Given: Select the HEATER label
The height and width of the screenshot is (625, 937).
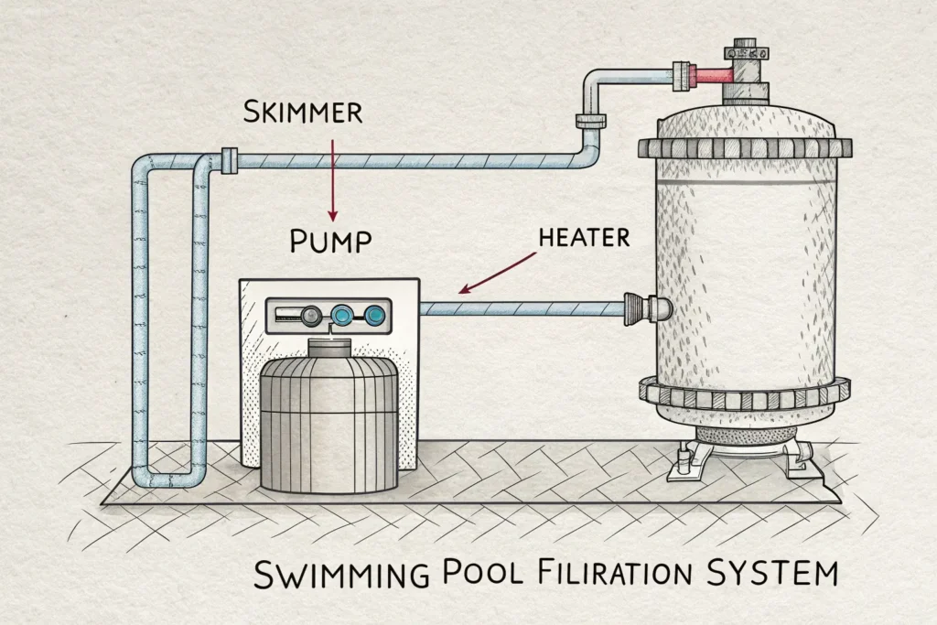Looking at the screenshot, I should pyautogui.click(x=584, y=238).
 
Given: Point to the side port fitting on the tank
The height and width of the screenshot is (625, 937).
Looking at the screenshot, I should pyautogui.click(x=645, y=307).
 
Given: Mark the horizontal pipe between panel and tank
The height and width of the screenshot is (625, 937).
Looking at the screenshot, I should pyautogui.click(x=522, y=308).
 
